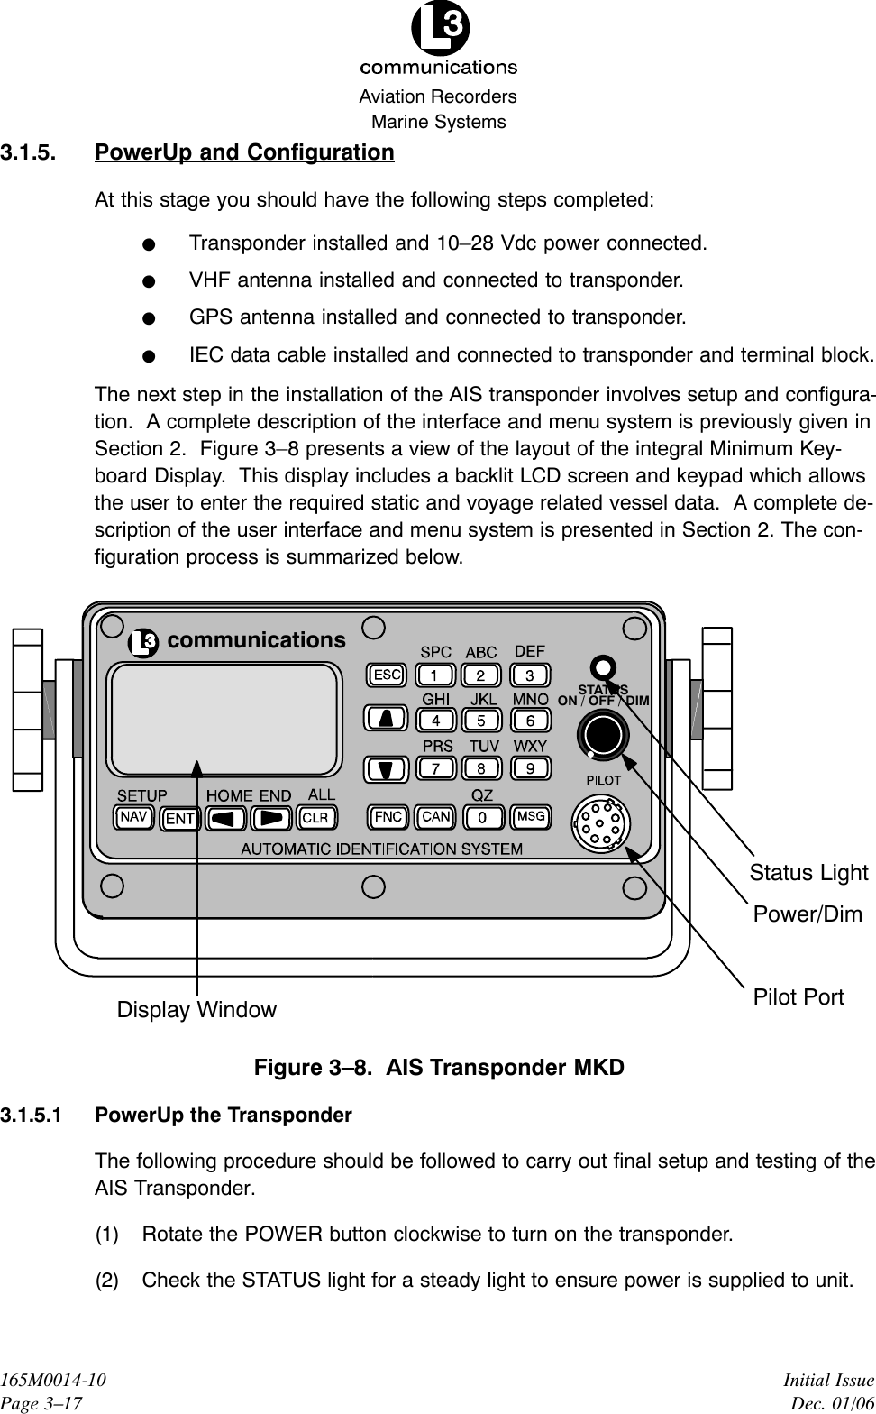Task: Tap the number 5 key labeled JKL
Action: tap(481, 721)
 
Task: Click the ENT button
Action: tap(180, 819)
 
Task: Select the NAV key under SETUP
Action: tap(134, 817)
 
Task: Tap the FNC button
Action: tap(388, 817)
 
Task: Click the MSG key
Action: tap(531, 817)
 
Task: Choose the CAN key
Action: tap(436, 817)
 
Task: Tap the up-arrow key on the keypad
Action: tap(386, 719)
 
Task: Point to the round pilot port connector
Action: tap(601, 822)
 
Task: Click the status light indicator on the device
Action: tap(602, 667)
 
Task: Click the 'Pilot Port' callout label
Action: tap(798, 997)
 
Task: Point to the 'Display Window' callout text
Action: tap(196, 1010)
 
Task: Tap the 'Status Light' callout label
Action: tap(808, 873)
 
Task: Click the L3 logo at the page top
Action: tap(439, 30)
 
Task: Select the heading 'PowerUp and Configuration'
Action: tap(244, 152)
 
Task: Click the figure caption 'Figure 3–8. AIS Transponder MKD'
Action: tap(439, 1068)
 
